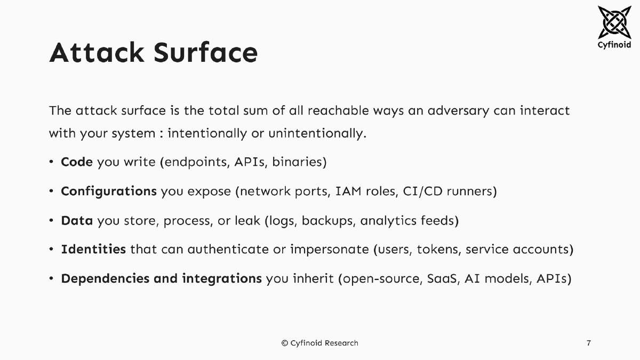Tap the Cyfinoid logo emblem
(614, 22)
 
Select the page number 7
(589, 343)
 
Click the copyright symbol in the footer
(285, 343)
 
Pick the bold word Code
(77, 162)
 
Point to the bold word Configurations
(109, 191)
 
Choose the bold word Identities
(93, 249)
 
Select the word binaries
(299, 162)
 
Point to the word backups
(327, 220)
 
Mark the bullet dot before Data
(51, 220)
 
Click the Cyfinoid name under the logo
(614, 45)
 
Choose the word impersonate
(329, 249)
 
